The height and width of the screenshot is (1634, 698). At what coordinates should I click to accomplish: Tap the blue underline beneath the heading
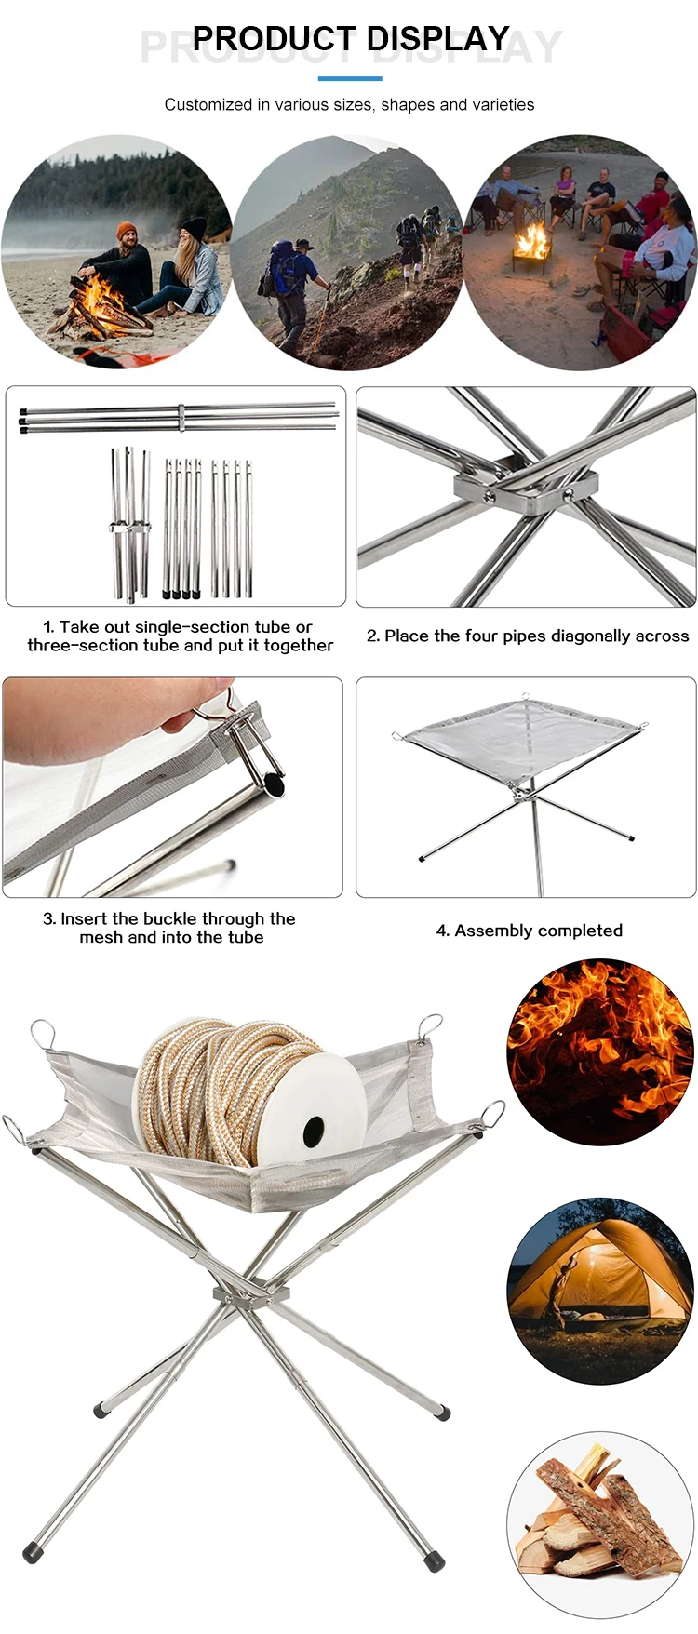point(350,78)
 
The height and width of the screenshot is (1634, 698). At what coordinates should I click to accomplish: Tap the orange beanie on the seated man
point(127,230)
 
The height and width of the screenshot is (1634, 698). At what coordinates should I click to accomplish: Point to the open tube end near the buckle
point(273,785)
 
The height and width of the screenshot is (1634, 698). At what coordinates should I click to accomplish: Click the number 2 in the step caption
point(372,636)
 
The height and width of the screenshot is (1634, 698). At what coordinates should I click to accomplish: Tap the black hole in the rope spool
point(314,1131)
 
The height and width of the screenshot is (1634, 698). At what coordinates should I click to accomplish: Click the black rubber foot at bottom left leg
point(32,1552)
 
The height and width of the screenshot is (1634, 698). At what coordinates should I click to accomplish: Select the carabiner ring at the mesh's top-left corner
point(42,1033)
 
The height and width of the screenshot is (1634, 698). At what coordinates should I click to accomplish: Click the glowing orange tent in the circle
point(596,1279)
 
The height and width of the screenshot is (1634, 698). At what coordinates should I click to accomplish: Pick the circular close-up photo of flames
point(600,1051)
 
